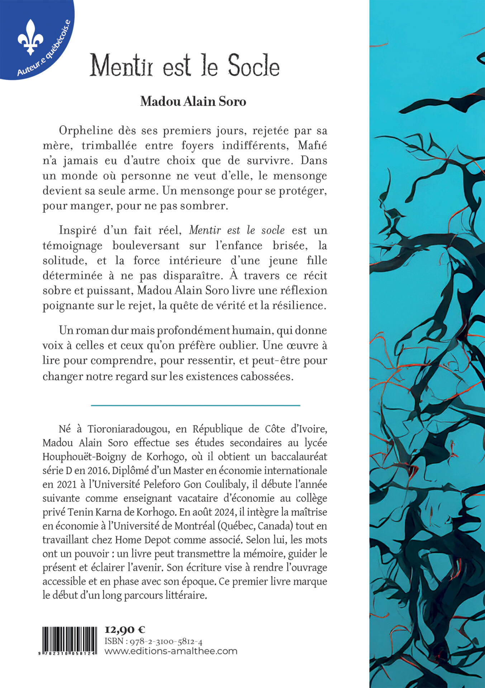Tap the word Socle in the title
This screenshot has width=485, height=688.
click(254, 66)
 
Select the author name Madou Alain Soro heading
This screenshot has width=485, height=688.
click(193, 101)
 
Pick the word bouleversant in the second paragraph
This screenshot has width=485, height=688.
click(146, 245)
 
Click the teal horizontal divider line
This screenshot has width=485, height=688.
click(195, 405)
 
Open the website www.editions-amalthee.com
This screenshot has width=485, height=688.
click(171, 651)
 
